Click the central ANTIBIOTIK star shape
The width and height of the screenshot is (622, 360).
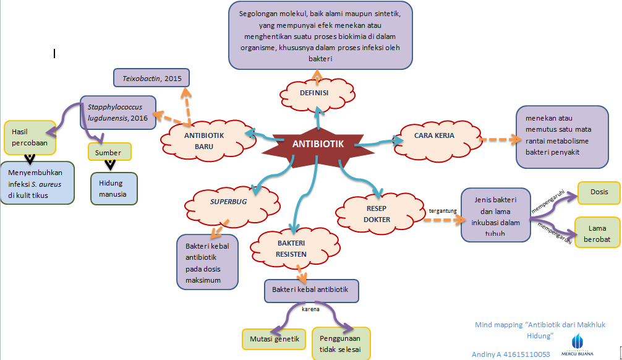[x=317, y=144]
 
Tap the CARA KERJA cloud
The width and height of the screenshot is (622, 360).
[x=434, y=135]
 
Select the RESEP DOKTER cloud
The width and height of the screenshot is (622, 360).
[x=377, y=214]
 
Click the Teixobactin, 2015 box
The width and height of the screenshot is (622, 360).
[x=151, y=78]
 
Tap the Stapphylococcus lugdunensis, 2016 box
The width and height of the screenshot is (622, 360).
[x=117, y=112]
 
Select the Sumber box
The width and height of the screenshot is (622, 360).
[x=109, y=152]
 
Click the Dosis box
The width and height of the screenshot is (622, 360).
[x=598, y=192]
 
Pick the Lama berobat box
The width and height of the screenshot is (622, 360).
[x=597, y=233]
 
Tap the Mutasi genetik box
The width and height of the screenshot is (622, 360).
[x=273, y=338]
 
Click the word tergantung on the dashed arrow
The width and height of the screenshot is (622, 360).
[x=442, y=211]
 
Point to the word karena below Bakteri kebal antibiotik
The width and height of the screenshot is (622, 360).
[x=310, y=308]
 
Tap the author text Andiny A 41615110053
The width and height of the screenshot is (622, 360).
[x=511, y=354]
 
